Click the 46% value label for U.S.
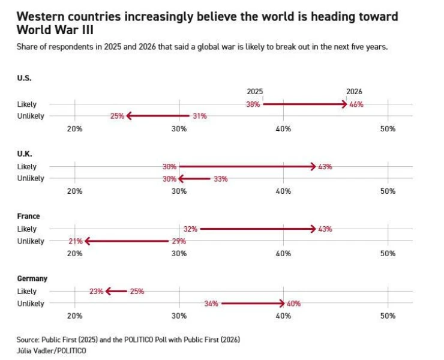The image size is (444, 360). click(x=356, y=104)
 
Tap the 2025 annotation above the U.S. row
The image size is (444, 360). click(x=255, y=91)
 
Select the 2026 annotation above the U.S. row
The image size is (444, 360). click(x=354, y=91)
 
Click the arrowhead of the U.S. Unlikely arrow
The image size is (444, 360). click(x=129, y=116)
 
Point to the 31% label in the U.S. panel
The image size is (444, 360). click(x=200, y=116)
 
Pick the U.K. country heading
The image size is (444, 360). click(x=25, y=154)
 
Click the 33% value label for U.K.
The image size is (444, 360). click(x=221, y=179)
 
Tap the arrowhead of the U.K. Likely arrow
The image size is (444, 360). click(x=313, y=167)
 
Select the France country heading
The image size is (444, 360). click(x=28, y=216)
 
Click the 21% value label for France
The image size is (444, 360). click(x=76, y=241)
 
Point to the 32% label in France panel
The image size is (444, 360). click(x=190, y=229)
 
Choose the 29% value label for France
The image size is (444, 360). click(x=179, y=241)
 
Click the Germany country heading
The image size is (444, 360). click(x=32, y=278)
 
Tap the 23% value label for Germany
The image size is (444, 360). click(x=96, y=291)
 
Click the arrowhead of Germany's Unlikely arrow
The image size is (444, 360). click(x=282, y=304)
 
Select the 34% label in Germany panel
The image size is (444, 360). click(x=211, y=304)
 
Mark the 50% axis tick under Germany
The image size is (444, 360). click(x=388, y=316)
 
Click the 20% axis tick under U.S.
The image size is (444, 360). click(x=75, y=129)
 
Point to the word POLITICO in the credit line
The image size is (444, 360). click(x=71, y=350)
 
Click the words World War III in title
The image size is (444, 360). click(x=55, y=30)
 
